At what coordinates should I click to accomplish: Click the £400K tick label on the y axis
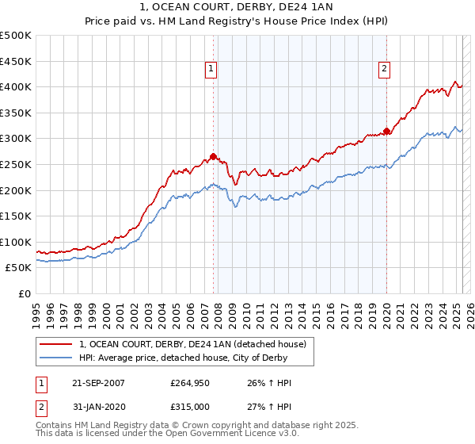[x=16, y=86]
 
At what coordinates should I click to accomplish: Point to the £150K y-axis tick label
[x=16, y=216]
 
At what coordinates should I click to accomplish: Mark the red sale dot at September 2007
[x=213, y=156]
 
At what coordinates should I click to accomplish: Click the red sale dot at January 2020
[x=386, y=131]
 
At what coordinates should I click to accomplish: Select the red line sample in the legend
[x=57, y=344]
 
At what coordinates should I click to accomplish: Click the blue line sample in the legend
[x=57, y=358]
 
